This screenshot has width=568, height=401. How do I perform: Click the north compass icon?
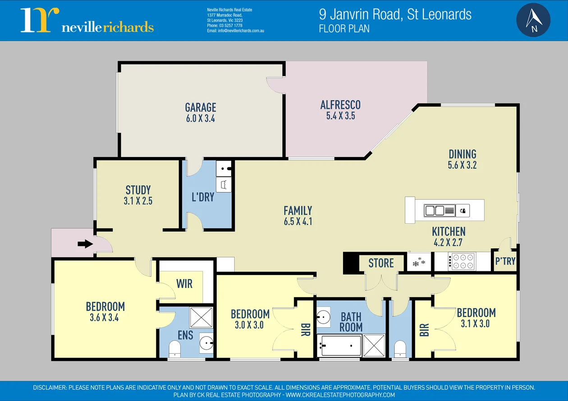tap(533, 20)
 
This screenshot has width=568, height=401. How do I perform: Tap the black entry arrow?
tap(85, 244)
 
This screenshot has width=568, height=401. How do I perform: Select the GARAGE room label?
tap(201, 107)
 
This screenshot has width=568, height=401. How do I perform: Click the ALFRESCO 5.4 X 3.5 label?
tap(340, 110)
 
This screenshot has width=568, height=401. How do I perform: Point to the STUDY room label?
tap(138, 190)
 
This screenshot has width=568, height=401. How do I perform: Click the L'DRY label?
tap(203, 197)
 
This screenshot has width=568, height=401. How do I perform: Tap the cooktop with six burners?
tap(462, 261)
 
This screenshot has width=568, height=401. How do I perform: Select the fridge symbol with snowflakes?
tap(419, 261)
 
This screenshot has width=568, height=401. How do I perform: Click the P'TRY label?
tap(505, 261)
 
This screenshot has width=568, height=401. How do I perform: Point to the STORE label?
tap(381, 263)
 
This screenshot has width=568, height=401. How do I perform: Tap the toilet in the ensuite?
tap(174, 348)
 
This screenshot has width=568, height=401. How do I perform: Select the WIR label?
tap(184, 284)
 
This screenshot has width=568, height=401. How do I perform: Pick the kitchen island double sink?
tap(435, 210)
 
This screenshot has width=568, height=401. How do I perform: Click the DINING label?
tap(463, 154)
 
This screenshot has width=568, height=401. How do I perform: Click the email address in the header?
tap(235, 31)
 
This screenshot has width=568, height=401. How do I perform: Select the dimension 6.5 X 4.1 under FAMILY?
tap(298, 221)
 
